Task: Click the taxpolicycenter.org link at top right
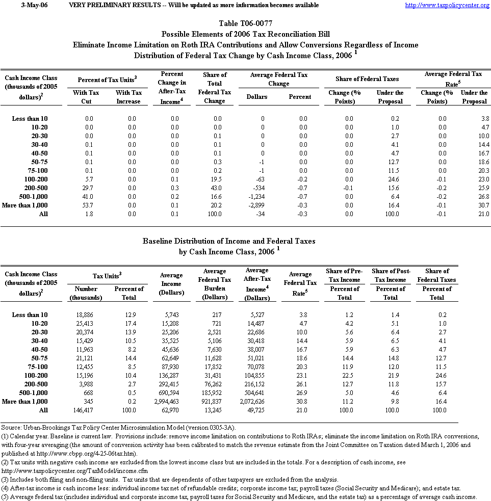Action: (447, 5)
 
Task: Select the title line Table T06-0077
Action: (245, 23)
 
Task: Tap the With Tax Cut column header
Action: (86, 97)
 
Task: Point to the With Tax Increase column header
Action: (128, 97)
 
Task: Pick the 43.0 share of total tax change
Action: (214, 188)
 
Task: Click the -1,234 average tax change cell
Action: (262, 196)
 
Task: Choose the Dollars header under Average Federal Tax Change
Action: (257, 96)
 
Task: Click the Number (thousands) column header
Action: (86, 293)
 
